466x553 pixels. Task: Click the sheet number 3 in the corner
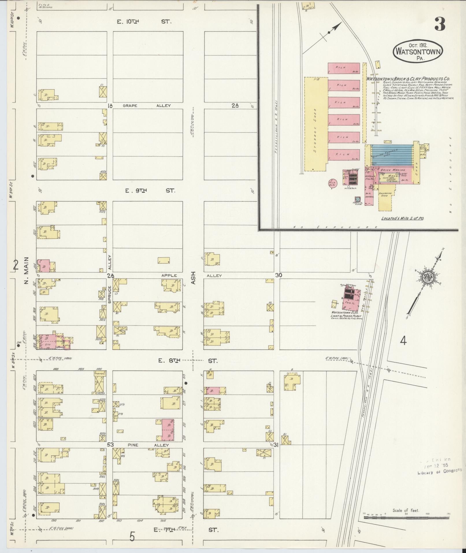coord(439,24)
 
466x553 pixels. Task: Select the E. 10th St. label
coord(144,21)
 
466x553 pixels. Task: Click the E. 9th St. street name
coord(150,191)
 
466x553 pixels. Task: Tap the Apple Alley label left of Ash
coord(169,275)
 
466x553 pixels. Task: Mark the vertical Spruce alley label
coord(110,294)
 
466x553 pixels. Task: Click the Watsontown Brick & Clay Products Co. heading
coord(409,79)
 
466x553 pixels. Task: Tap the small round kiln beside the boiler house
coord(332,183)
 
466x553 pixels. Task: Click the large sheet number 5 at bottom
coord(132,537)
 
